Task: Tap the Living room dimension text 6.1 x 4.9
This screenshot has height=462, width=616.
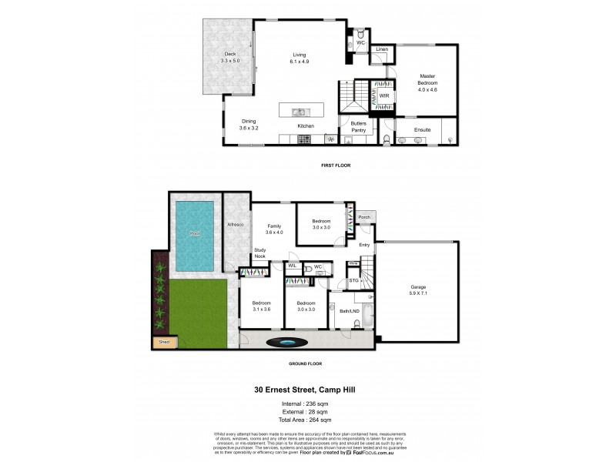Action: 300,61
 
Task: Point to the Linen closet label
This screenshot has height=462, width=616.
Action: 382,50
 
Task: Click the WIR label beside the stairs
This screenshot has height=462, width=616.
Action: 383,96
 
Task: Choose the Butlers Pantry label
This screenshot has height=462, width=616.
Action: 358,127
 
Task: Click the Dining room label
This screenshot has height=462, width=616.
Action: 249,121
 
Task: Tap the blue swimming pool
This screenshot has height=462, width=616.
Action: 194,235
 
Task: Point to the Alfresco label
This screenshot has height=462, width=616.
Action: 235,224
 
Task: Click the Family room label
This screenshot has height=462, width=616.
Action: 274,226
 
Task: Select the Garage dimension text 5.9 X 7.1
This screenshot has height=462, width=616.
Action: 418,293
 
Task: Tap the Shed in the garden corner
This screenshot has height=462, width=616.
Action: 163,341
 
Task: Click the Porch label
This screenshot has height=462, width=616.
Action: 364,217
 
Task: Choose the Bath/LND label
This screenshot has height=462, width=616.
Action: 351,310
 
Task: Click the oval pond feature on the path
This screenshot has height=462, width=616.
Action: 286,342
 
